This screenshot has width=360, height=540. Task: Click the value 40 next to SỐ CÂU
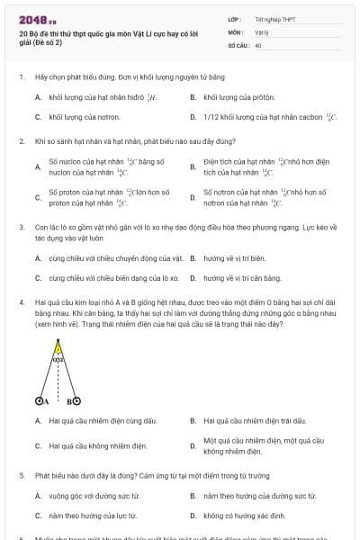[x=258, y=44]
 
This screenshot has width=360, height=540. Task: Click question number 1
[x=21, y=77]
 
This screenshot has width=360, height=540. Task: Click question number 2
[x=21, y=142]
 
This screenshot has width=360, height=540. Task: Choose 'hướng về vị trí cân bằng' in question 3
[x=242, y=278]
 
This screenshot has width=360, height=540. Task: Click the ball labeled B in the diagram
[x=76, y=401]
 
